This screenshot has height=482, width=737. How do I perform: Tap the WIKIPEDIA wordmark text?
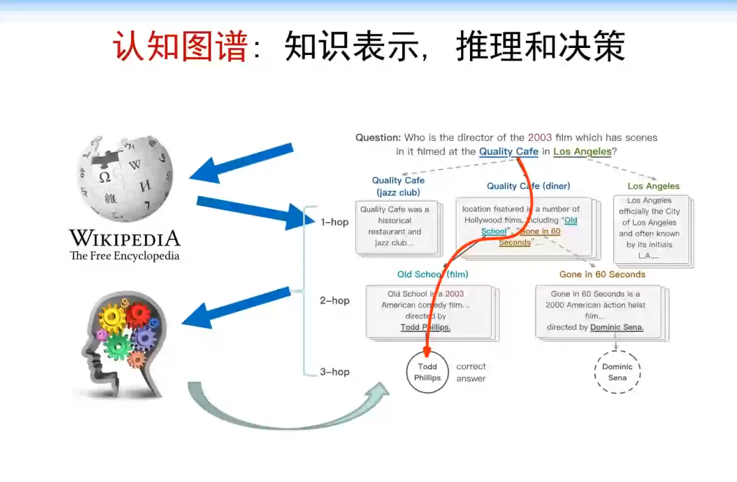coord(125,238)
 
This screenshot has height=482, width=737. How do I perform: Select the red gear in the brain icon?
coord(139,314)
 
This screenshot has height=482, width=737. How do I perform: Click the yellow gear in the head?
coord(112,318)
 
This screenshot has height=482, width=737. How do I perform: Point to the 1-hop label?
coord(334,222)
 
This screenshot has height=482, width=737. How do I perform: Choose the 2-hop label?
coord(334,300)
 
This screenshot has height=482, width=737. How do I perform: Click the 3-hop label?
coord(334,372)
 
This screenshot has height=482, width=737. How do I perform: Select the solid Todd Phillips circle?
coord(427,372)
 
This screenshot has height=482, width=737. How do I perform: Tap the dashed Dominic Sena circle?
coord(617,372)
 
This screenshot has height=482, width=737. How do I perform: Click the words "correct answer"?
coord(471,372)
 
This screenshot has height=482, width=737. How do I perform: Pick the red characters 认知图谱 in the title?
coord(181,47)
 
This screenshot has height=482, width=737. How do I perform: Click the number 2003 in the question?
coord(540,137)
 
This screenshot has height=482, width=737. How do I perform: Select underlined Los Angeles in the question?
coord(582,152)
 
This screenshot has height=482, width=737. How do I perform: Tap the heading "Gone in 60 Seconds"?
coord(602,275)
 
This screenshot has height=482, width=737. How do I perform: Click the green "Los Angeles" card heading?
coord(654,186)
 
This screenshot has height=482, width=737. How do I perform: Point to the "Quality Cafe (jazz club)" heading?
coord(398,186)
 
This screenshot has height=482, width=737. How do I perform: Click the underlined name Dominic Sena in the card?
coord(617,327)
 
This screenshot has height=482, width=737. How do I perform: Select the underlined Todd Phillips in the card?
coord(426,327)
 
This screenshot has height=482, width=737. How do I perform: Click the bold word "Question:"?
coord(378,137)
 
